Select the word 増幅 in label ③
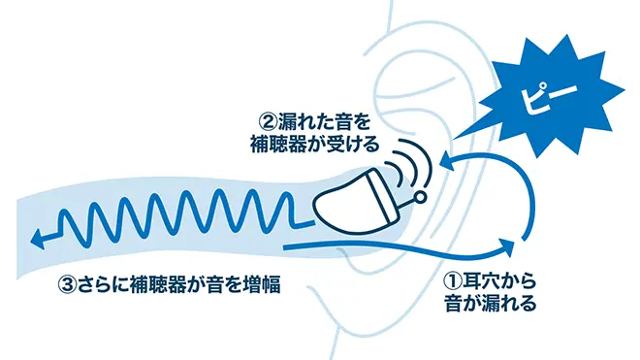[x=272, y=284]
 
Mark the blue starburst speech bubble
[x=553, y=92]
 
